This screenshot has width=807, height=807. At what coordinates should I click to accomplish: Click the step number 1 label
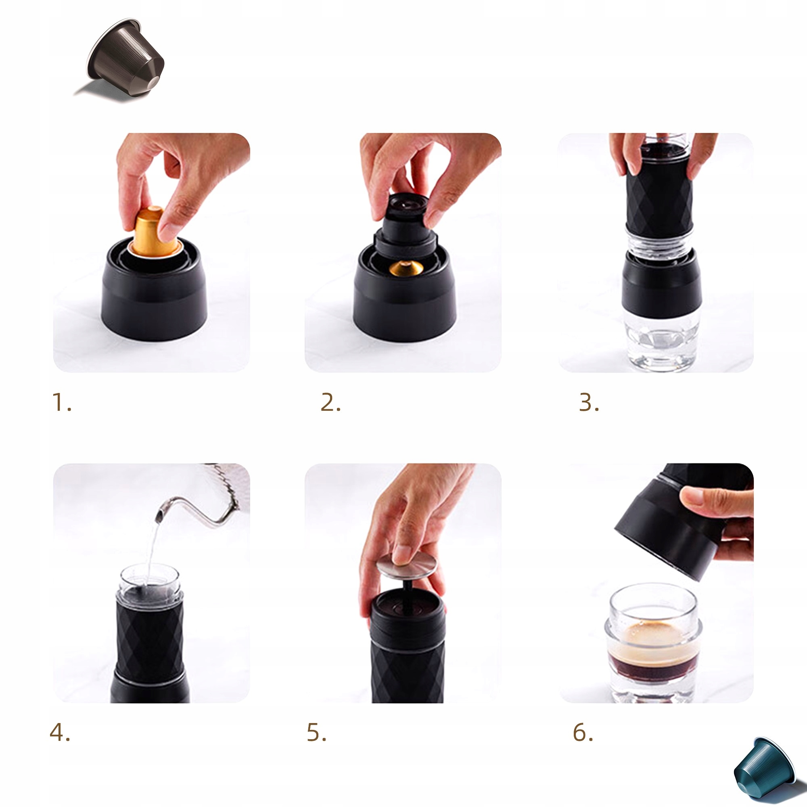61,402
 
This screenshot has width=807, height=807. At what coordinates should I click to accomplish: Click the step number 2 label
330,402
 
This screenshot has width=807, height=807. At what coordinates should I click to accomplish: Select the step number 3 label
589,402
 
